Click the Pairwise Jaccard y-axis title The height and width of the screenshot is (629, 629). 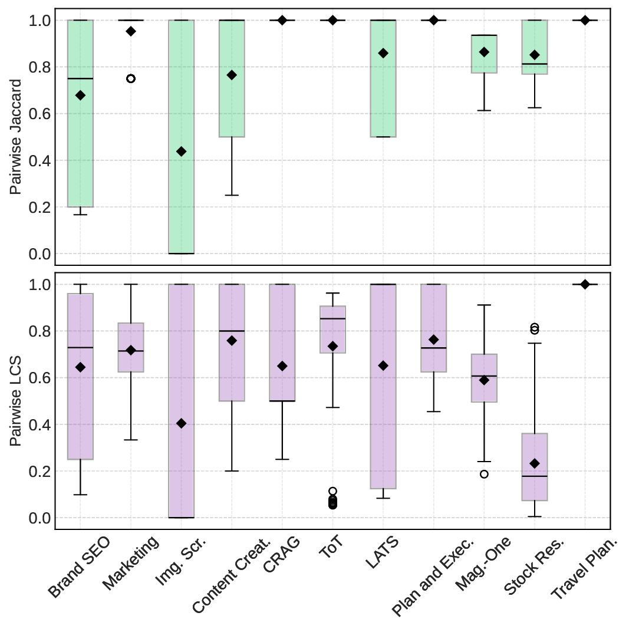click(x=16, y=137)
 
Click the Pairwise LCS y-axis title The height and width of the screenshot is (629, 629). click(x=16, y=401)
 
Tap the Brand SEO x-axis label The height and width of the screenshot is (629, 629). click(x=79, y=567)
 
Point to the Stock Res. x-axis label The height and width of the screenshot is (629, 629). click(x=534, y=566)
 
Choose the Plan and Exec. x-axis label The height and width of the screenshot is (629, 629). click(x=433, y=576)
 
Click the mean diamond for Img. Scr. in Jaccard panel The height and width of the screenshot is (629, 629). click(x=181, y=152)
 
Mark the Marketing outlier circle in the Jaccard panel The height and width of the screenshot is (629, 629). click(x=131, y=78)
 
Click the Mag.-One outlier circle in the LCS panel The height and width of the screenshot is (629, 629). click(x=484, y=474)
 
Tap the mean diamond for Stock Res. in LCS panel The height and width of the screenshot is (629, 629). click(x=534, y=463)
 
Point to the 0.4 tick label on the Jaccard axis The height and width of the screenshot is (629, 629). click(x=41, y=160)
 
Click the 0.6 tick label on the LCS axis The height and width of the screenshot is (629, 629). click(x=41, y=378)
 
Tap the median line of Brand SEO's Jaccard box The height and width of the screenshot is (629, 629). click(x=80, y=78)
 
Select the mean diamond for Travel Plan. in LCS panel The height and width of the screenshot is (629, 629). click(x=585, y=284)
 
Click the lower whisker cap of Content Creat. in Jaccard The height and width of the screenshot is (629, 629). click(x=232, y=195)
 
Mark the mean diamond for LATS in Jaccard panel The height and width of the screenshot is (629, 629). click(x=383, y=53)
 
